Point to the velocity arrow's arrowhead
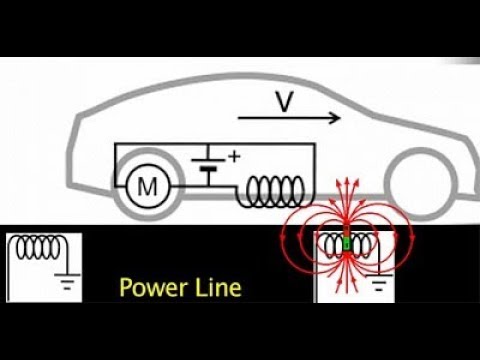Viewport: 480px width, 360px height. coord(336,119)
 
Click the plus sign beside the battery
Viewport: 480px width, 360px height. coord(236,156)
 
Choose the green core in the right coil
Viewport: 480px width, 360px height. coord(347,243)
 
